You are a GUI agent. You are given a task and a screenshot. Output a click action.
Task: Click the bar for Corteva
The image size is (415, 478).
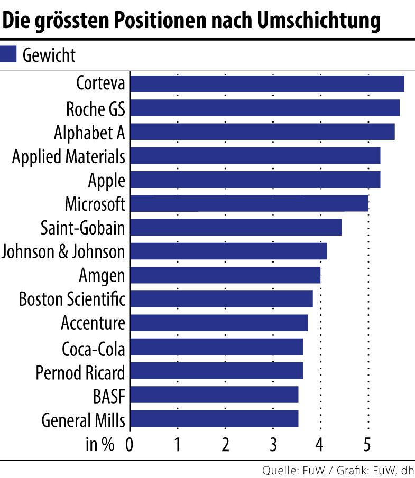(267, 84)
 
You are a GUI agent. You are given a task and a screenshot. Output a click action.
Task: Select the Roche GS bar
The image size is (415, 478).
(264, 108)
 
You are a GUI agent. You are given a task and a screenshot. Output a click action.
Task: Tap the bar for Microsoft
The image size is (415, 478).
(248, 203)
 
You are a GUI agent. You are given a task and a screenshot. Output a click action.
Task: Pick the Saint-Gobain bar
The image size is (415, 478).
(235, 227)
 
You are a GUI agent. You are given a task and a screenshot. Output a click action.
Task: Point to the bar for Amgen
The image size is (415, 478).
(225, 275)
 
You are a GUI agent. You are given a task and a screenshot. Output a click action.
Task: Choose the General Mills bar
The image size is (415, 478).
(214, 419)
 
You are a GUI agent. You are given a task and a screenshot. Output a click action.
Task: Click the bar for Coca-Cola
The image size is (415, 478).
(216, 347)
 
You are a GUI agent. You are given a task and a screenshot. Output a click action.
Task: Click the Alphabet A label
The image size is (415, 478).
(89, 133)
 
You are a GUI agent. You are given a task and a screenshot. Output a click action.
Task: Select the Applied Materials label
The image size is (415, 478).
(69, 157)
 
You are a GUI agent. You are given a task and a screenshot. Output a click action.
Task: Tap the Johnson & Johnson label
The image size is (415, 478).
(63, 251)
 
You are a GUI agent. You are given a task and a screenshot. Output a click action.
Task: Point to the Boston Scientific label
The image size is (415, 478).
(72, 299)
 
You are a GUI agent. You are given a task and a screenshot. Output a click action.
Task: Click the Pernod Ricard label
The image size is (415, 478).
(80, 371)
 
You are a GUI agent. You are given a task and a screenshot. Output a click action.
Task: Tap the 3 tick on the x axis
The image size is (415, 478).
(273, 445)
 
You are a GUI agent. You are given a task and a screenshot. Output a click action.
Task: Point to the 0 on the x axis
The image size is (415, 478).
(130, 445)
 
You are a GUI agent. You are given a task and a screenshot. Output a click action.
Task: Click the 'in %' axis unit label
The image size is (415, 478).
(100, 445)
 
